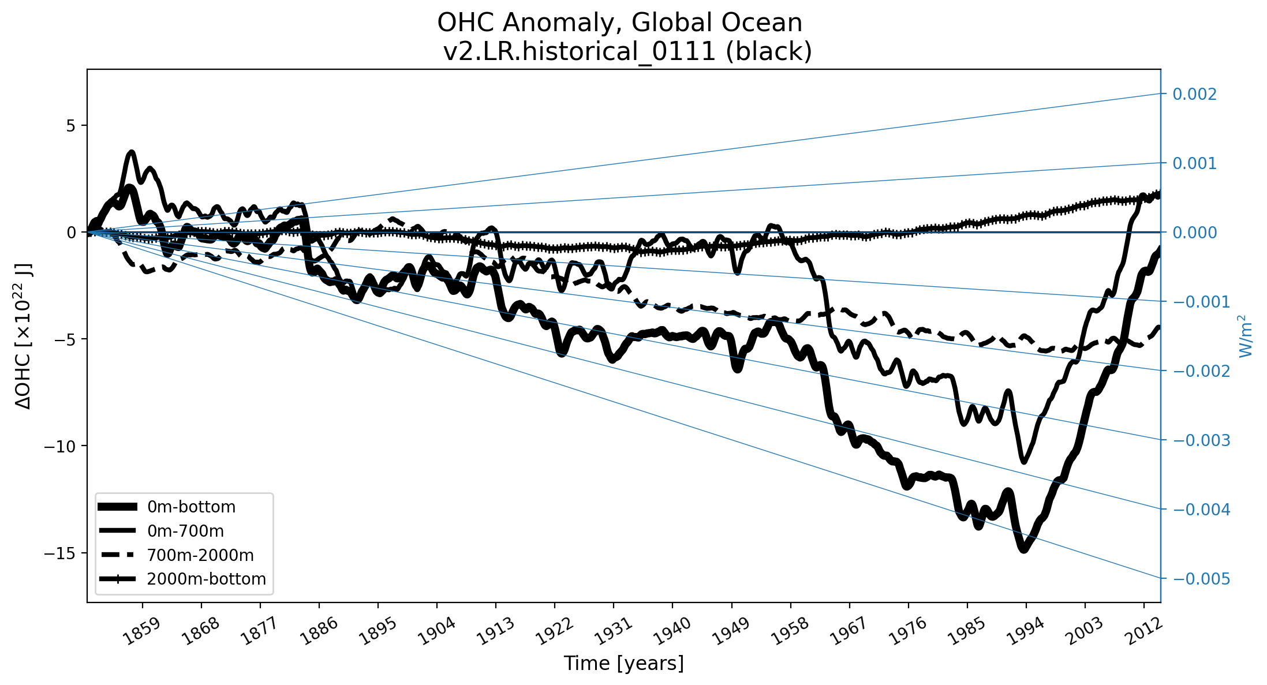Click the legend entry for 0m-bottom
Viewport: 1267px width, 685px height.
[191, 507]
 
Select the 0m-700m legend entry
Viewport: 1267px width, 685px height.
[185, 531]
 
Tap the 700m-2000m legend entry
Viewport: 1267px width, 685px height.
[200, 555]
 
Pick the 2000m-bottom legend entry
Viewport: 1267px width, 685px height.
[206, 579]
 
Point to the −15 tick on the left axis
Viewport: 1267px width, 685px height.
[60, 553]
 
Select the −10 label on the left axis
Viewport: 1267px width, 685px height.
[60, 446]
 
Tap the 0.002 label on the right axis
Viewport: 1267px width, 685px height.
[1194, 94]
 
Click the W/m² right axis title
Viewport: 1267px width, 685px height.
[1247, 336]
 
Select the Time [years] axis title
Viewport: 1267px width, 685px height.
[623, 664]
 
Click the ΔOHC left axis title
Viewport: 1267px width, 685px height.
[24, 336]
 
